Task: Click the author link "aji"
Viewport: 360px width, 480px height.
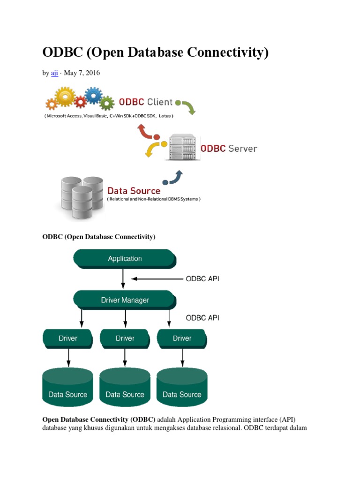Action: click(54, 73)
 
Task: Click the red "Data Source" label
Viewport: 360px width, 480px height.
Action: click(134, 191)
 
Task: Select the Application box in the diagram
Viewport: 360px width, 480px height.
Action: click(124, 259)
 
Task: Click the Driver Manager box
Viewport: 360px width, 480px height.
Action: click(125, 300)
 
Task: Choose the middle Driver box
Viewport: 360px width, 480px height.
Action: click(125, 338)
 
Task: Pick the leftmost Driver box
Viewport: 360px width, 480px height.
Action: click(67, 338)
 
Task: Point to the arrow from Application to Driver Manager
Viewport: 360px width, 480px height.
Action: click(123, 279)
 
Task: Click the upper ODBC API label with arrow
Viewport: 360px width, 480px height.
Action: click(202, 278)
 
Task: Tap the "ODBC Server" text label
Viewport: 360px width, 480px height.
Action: click(229, 149)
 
